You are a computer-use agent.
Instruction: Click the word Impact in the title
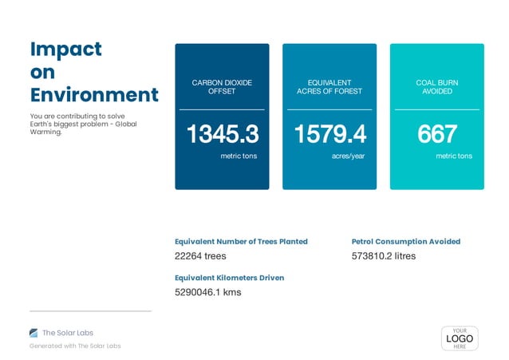pos(65,49)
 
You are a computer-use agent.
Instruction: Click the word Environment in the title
pos(94,94)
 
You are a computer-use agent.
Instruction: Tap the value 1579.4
pos(329,134)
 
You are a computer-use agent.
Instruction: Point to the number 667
pos(436,134)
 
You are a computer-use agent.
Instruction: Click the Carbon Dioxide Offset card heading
pos(222,87)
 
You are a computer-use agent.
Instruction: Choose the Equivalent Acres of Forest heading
pos(329,87)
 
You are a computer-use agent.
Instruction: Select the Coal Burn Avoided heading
pos(436,87)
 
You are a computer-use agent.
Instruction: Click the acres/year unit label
pos(348,156)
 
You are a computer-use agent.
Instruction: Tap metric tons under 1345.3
pos(239,156)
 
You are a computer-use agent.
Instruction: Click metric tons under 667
pos(453,156)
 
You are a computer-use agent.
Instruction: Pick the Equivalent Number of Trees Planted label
pos(241,241)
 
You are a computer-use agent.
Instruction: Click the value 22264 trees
pos(200,256)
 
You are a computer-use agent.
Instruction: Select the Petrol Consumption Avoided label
pos(405,241)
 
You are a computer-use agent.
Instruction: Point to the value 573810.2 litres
pos(383,256)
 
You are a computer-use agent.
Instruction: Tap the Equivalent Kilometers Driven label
pos(229,278)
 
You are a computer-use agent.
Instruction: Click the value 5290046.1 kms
pos(207,292)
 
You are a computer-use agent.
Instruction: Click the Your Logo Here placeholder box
pos(459,338)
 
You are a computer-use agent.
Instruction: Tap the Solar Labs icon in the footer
pos(34,333)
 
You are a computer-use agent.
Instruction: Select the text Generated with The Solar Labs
pos(75,346)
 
